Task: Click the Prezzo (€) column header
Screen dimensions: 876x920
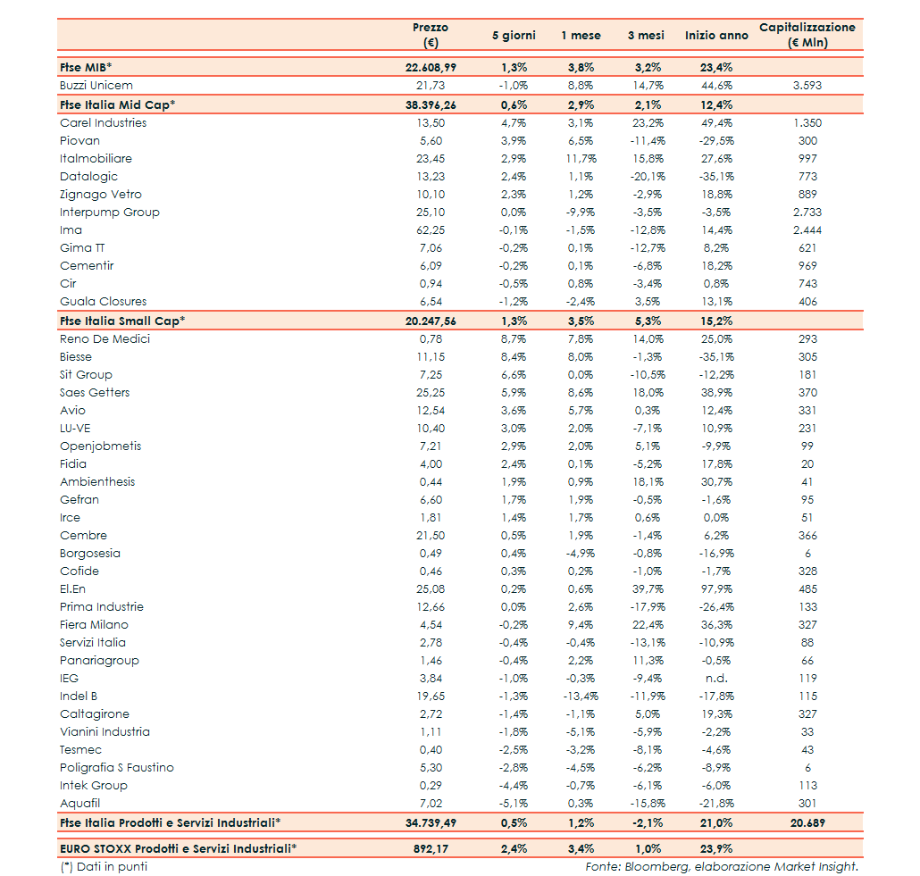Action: point(431,35)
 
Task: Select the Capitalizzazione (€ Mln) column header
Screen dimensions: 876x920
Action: point(807,35)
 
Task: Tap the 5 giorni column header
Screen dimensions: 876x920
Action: point(514,36)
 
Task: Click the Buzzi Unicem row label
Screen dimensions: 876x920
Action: point(96,86)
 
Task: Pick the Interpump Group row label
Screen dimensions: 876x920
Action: point(110,213)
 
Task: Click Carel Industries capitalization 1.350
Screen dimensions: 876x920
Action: point(807,123)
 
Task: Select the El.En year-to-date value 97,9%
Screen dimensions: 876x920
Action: point(716,589)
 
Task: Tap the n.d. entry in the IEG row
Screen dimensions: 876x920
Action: point(716,679)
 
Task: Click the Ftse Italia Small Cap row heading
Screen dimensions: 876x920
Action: point(122,321)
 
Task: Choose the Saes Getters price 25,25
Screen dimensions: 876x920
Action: point(431,393)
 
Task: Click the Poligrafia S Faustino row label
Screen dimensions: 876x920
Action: point(117,768)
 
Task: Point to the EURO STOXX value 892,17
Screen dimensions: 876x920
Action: point(431,849)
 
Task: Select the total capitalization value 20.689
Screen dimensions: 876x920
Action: point(807,822)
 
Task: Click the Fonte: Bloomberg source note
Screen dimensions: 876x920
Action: point(721,866)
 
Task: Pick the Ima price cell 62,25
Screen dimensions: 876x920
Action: point(431,230)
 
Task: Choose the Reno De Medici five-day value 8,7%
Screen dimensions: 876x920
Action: point(514,339)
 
